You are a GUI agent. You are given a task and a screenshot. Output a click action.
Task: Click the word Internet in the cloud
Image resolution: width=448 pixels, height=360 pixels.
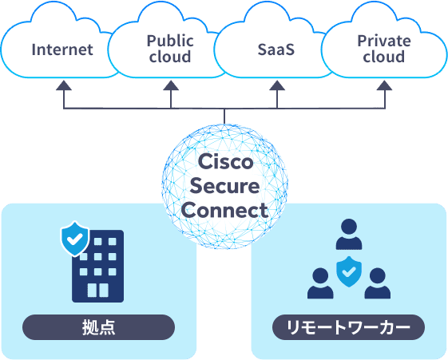[62, 49]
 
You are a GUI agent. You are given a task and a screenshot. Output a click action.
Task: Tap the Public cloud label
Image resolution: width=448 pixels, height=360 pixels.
[170, 49]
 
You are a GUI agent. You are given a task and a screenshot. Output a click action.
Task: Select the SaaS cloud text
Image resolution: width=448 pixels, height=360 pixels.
[276, 49]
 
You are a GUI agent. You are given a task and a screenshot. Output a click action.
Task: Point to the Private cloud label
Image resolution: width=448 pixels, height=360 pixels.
[384, 49]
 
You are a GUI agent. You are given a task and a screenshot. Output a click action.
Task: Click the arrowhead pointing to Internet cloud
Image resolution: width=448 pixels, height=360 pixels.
[64, 85]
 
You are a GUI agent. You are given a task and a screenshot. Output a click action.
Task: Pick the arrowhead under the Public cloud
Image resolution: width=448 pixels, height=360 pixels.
[171, 85]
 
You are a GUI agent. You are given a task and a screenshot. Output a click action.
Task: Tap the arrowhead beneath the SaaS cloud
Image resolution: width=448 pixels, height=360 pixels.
[277, 85]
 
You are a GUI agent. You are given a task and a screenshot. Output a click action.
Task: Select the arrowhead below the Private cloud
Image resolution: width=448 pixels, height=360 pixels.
[384, 85]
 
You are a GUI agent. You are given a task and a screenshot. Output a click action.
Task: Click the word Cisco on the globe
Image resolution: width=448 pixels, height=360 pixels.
[225, 161]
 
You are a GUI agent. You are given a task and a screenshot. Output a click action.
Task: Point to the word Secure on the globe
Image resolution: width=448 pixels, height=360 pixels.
[224, 186]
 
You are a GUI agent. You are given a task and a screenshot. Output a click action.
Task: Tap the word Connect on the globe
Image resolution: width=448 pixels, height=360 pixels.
[224, 211]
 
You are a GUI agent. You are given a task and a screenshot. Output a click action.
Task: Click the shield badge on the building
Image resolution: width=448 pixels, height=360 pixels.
[75, 239]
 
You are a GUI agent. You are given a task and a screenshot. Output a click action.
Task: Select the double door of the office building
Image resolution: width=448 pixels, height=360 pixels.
[97, 290]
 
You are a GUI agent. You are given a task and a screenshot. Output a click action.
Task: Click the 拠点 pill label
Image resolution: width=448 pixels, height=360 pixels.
[98, 327]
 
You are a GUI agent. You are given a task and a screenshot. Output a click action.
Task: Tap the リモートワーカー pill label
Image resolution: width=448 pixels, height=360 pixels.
[348, 327]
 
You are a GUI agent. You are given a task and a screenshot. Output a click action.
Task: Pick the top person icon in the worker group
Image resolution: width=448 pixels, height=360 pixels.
[349, 234]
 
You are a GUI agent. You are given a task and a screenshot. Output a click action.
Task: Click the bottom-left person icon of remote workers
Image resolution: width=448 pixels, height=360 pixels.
[320, 283]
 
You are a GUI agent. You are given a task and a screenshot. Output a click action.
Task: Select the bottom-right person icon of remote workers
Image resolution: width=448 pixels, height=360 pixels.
[378, 283]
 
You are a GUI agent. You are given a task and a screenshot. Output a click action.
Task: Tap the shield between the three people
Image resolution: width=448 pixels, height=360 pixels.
[349, 271]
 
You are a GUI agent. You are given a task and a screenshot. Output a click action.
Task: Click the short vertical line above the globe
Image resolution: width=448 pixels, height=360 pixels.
[224, 117]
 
